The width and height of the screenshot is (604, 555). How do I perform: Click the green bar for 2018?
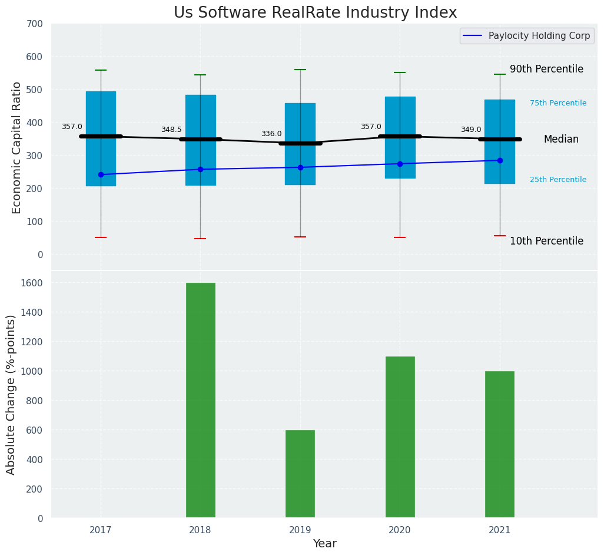pyautogui.click(x=200, y=400)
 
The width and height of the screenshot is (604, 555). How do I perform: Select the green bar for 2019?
pyautogui.click(x=300, y=474)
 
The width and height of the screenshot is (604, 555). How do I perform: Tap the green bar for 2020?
pyautogui.click(x=400, y=437)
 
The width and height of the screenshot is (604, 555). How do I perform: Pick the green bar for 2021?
pyautogui.click(x=499, y=444)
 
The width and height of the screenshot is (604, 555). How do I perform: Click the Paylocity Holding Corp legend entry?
pyautogui.click(x=539, y=36)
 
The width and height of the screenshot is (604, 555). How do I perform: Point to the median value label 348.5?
pyautogui.click(x=171, y=130)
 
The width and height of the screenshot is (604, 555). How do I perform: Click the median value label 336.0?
pyautogui.click(x=271, y=134)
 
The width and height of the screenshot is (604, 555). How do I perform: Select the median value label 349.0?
pyautogui.click(x=471, y=130)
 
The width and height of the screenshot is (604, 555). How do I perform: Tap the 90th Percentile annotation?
pyautogui.click(x=546, y=69)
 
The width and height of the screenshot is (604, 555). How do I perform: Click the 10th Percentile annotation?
pyautogui.click(x=546, y=241)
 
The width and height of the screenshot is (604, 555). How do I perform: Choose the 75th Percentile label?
pyautogui.click(x=557, y=103)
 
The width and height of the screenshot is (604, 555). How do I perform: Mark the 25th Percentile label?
pyautogui.click(x=557, y=180)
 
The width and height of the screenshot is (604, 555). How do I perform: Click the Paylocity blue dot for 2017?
pyautogui.click(x=101, y=174)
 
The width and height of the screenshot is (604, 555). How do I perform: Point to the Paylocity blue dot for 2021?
pyautogui.click(x=500, y=160)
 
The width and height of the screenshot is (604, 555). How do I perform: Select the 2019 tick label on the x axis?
pyautogui.click(x=300, y=530)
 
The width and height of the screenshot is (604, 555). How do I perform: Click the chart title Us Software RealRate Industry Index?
pyautogui.click(x=315, y=13)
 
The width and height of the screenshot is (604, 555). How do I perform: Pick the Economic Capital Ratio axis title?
pyautogui.click(x=16, y=147)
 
